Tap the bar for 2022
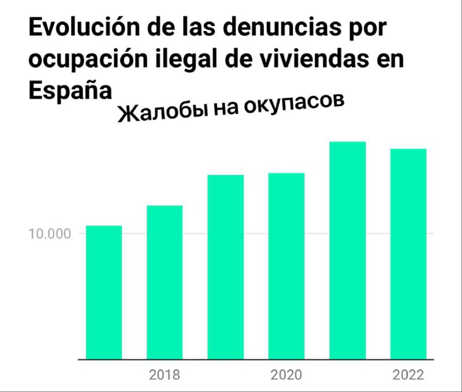[x=408, y=253]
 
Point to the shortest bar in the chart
[x=104, y=292]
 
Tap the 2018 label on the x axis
[x=165, y=375]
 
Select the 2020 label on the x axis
[x=286, y=375]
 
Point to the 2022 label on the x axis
[x=408, y=375]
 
